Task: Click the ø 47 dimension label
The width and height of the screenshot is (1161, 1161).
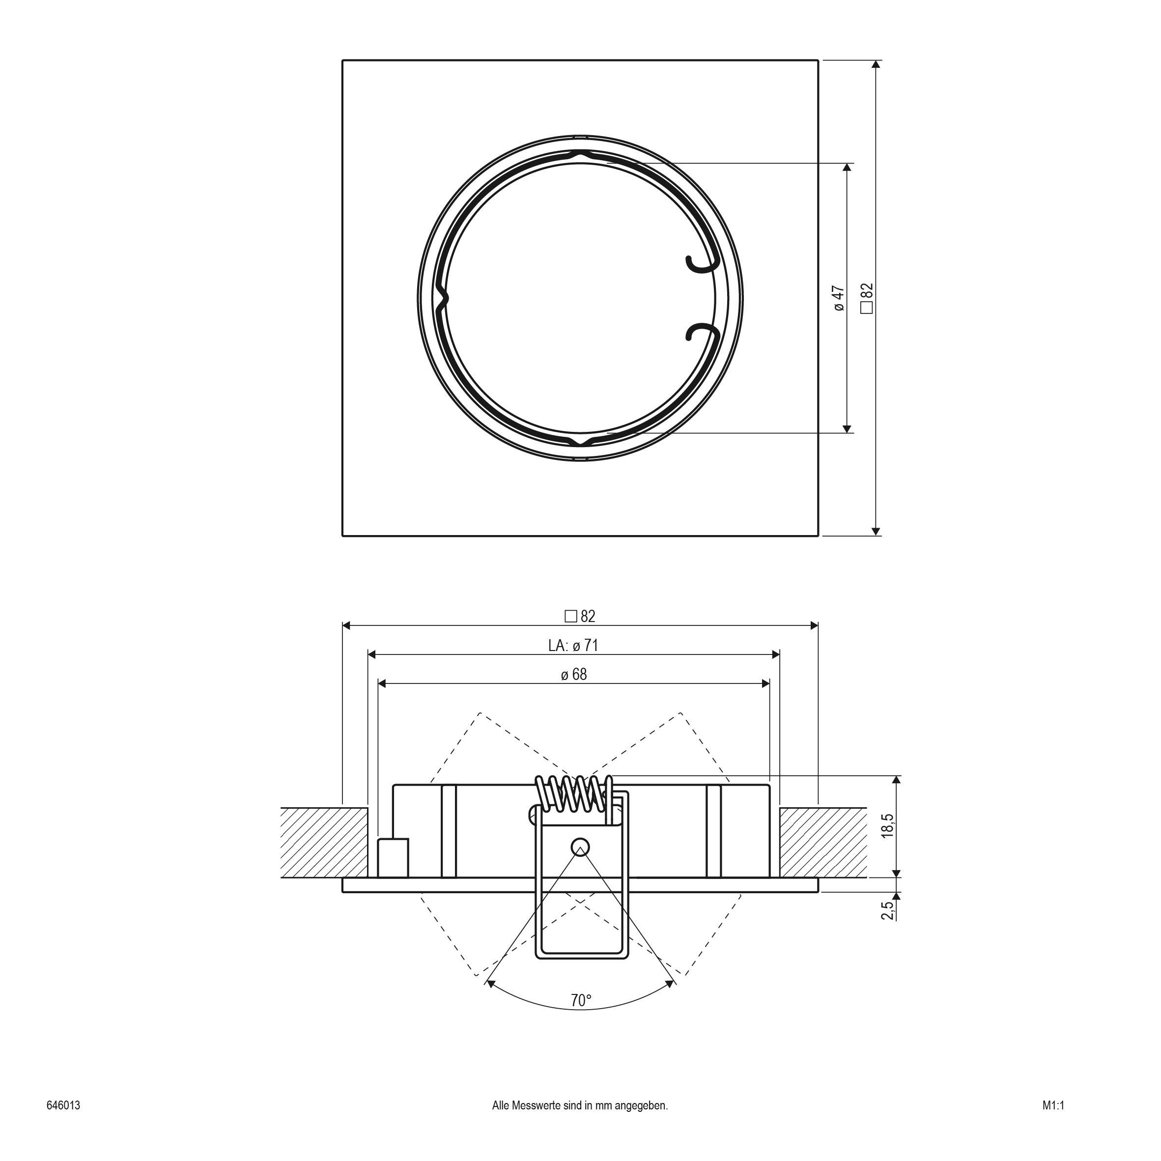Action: pos(840,298)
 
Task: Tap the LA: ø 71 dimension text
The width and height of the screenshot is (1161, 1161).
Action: pos(573,646)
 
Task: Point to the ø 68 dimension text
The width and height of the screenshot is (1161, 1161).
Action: pos(574,674)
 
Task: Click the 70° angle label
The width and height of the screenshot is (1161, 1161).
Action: pos(581,1000)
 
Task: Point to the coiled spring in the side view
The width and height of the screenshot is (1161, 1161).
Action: pos(574,793)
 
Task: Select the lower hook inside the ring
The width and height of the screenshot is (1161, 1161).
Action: pos(701,332)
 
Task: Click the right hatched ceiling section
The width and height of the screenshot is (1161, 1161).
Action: pos(822,843)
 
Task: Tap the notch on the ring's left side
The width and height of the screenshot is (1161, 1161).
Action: pos(444,298)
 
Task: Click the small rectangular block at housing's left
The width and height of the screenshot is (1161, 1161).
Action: pos(393,857)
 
